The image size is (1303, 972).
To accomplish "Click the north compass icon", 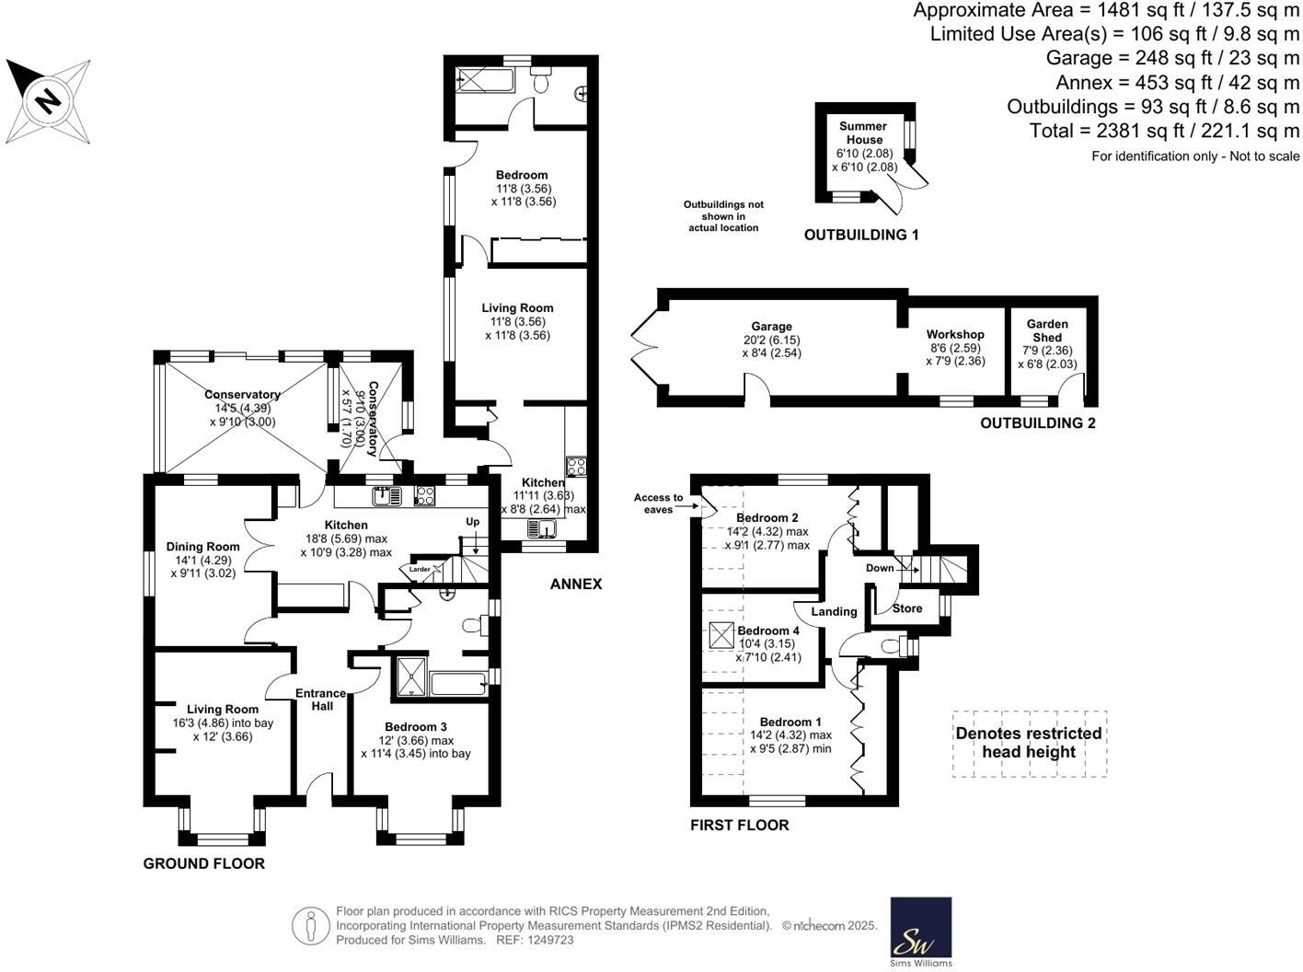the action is [x=48, y=99].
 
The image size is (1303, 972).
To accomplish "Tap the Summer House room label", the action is [x=863, y=133].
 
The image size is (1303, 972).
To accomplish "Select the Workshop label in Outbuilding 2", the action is [x=955, y=334].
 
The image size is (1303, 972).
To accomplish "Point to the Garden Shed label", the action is [x=1047, y=330].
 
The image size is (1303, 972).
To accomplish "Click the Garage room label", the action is [x=771, y=327].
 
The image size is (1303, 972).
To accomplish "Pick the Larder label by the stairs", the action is [x=420, y=570].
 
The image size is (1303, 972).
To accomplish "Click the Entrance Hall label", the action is [x=320, y=700].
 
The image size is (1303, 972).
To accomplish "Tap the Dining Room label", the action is [x=202, y=547].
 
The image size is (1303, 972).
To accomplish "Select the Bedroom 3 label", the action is [x=416, y=726].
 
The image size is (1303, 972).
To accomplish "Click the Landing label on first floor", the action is [x=834, y=611].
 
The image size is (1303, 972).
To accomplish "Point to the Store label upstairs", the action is [x=907, y=608].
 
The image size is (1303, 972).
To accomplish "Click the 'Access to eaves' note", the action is [x=659, y=503].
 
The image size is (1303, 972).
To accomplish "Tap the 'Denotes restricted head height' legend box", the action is [x=1029, y=743].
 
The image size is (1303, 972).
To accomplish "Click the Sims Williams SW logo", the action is [x=921, y=931].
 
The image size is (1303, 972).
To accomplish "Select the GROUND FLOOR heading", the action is [x=203, y=863].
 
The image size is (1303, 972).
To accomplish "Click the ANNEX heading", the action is [x=576, y=584].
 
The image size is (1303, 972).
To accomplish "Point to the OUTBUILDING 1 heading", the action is [x=861, y=235].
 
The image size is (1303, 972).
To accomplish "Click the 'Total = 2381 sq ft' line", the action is [x=1164, y=131].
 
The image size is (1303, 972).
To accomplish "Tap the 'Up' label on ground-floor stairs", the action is [x=473, y=522].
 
